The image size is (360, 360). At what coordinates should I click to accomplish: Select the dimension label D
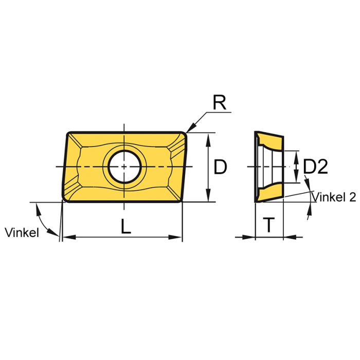tap(220, 167)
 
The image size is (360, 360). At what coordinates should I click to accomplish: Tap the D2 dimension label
tap(315, 167)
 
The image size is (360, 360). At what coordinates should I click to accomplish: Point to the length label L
tap(125, 227)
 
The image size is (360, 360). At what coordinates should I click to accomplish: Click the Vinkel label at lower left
tap(22, 232)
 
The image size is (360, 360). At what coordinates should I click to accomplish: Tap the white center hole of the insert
tap(124, 167)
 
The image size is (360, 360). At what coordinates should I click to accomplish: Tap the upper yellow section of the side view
tap(269, 140)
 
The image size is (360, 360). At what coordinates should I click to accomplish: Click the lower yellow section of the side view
tap(269, 193)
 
